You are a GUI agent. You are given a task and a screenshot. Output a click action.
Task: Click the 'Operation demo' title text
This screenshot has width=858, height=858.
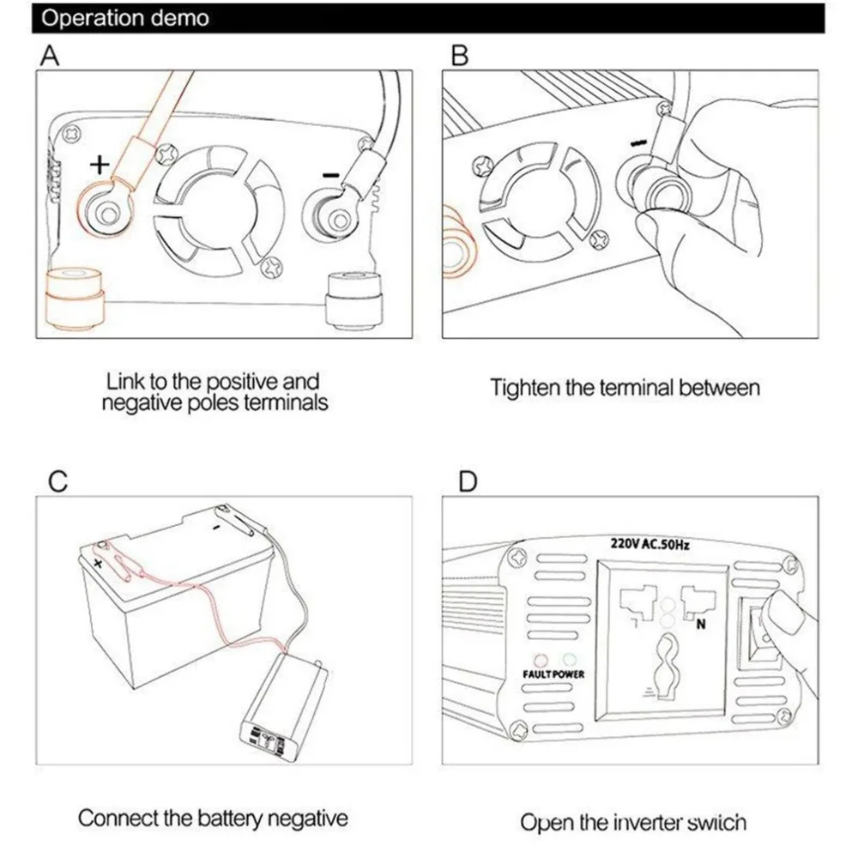(124, 18)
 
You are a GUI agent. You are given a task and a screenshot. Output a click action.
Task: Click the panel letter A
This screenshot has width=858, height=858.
(50, 55)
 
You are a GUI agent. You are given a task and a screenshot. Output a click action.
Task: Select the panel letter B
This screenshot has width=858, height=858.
(460, 55)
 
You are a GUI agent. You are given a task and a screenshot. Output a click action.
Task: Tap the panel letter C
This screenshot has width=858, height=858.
(57, 481)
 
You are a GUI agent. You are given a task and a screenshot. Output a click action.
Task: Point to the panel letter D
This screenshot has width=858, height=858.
(468, 481)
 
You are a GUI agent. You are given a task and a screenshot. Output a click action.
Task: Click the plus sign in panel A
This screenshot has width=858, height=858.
(100, 164)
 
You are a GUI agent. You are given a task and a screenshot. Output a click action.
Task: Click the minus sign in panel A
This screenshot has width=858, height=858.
(330, 176)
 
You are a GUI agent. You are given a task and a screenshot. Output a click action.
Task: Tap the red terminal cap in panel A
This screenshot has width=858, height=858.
(73, 299)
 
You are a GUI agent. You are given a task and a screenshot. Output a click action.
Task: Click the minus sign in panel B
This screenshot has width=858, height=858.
(638, 142)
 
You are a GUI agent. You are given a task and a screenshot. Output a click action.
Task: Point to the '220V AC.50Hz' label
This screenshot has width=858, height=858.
(650, 544)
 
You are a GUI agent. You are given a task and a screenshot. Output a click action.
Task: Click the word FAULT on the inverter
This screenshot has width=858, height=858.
(536, 674)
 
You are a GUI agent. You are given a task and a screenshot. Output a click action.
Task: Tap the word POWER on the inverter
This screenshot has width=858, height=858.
(567, 674)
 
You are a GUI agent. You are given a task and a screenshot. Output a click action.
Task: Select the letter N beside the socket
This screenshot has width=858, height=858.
(700, 625)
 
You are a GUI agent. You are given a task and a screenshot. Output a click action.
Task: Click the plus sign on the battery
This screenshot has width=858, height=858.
(98, 563)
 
